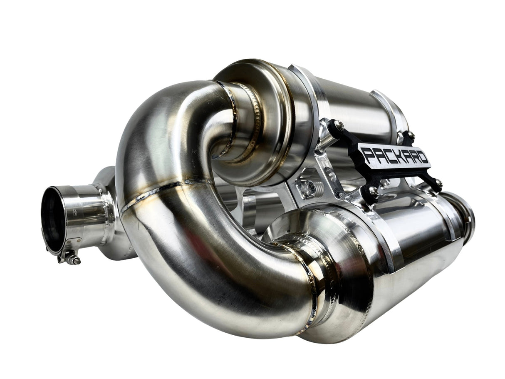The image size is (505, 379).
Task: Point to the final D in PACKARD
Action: pos(422,159)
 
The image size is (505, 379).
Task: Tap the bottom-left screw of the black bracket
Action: pos(373,191)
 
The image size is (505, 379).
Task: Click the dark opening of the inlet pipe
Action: pos(53,219)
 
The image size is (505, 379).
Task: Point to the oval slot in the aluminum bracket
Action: pos(329,175)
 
